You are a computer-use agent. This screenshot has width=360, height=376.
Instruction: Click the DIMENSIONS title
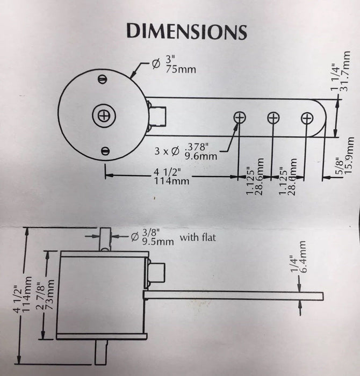click(x=186, y=31)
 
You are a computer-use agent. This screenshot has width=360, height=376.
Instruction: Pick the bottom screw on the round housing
click(x=106, y=151)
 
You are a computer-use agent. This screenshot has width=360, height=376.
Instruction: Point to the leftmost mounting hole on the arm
click(x=240, y=117)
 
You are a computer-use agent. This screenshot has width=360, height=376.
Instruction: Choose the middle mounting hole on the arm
click(x=273, y=117)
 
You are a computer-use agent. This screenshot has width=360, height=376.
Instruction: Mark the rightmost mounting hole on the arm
click(x=307, y=118)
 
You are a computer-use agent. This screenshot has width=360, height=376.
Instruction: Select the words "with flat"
click(x=197, y=237)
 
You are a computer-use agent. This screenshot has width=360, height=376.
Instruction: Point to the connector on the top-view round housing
click(x=156, y=114)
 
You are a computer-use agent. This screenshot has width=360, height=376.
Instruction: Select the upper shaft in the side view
click(x=105, y=240)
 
